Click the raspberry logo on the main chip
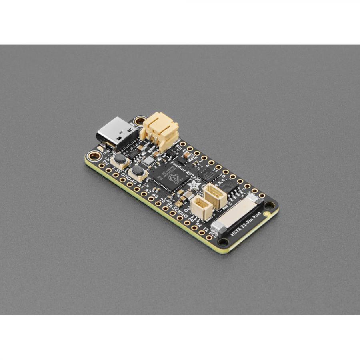(173, 178)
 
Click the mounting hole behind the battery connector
(141, 120)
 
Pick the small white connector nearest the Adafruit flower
(214, 196)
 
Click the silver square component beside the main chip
(149, 161)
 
